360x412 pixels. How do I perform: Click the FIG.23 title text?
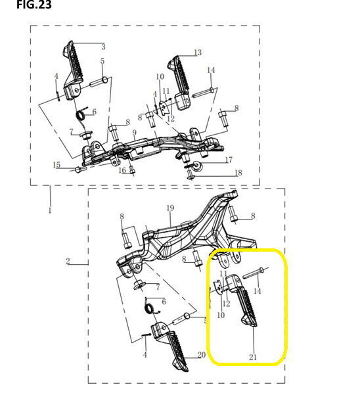pos(34,5)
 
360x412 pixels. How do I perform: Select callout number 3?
pos(103,47)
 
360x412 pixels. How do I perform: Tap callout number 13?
pos(198,53)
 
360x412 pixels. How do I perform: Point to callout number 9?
pos(134,133)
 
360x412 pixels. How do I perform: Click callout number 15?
pos(56,165)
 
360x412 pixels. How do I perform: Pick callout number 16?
pos(122,170)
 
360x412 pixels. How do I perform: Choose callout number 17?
pos(229,160)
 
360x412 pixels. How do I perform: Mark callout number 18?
pos(238,173)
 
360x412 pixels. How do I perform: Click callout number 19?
pos(170,208)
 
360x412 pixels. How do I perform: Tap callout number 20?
pos(202,355)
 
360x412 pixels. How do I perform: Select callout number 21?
pos(253,357)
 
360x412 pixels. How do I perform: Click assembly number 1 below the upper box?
pos(50,210)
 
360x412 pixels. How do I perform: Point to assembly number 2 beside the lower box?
pos(68,261)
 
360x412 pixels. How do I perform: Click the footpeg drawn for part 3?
pos(73,71)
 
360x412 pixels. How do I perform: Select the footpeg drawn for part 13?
pos(179,83)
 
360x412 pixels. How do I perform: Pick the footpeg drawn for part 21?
pos(242,300)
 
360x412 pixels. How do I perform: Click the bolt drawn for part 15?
pos(78,170)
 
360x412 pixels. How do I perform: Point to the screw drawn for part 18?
pos(190,174)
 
